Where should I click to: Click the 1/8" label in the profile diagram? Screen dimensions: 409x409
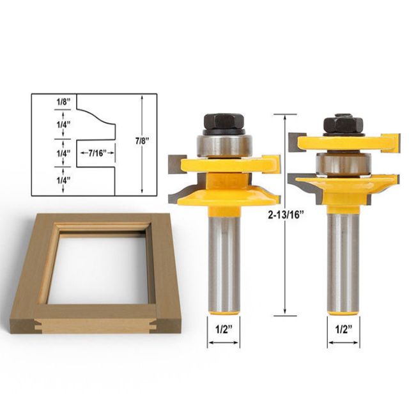tap(64, 102)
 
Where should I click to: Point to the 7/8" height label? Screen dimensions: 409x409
tap(142, 141)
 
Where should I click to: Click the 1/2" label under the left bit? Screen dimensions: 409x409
tap(224, 330)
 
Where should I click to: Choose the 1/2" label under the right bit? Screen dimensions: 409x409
tap(344, 330)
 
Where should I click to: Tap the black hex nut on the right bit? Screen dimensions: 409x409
tap(343, 125)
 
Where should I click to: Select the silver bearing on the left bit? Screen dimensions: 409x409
tap(224, 146)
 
